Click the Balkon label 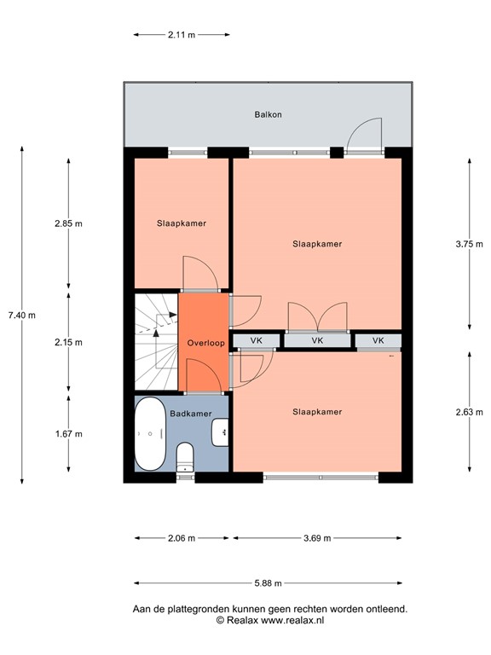click(268, 114)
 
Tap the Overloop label click(205, 343)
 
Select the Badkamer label click(190, 414)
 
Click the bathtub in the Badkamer click(150, 433)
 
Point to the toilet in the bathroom click(185, 457)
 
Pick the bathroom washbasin click(220, 432)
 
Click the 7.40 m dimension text click(21, 316)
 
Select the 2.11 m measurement click(182, 35)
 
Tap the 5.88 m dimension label click(268, 583)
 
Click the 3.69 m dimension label click(317, 538)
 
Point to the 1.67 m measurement click(69, 434)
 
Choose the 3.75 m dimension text click(470, 245)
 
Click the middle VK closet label click(317, 340)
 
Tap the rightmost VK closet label click(378, 340)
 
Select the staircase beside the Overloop click(157, 342)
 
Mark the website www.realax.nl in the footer click(292, 620)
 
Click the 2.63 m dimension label click(470, 412)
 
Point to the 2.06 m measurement click(182, 538)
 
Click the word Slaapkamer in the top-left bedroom click(182, 223)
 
